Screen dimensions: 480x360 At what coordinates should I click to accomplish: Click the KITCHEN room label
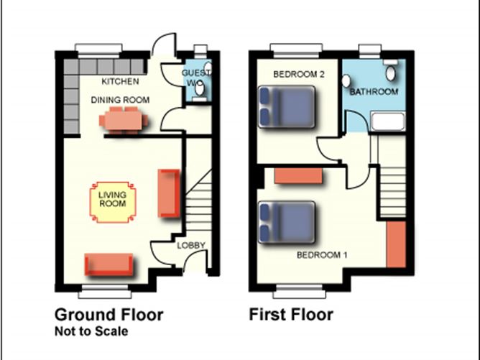tap(120, 81)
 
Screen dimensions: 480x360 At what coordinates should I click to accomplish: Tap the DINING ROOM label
tap(120, 100)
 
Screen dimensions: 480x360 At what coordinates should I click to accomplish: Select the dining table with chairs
tap(124, 119)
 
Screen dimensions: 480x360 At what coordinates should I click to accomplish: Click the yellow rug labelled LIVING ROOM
tap(113, 202)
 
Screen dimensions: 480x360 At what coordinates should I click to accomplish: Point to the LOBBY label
tap(191, 245)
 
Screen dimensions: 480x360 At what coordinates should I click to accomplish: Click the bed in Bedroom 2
tap(287, 106)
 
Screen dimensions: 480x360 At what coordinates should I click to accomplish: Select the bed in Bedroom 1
tap(287, 222)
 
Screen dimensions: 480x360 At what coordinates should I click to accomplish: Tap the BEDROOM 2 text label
tap(299, 74)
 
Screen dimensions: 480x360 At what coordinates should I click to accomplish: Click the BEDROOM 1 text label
tap(322, 254)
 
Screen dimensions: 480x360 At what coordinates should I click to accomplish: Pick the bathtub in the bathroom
tap(388, 121)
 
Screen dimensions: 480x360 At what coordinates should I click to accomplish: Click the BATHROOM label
tap(374, 91)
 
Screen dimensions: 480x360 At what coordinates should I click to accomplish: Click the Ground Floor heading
tap(109, 315)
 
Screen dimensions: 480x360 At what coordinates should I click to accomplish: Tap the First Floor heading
tap(291, 315)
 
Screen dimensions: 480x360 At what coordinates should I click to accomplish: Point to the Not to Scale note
tap(91, 331)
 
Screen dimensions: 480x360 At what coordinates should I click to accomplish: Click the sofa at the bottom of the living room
tap(109, 264)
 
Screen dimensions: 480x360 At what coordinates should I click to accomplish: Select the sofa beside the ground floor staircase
tap(169, 193)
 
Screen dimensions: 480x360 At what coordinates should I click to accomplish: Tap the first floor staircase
tap(393, 191)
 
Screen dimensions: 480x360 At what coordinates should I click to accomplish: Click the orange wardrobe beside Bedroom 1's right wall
tap(396, 244)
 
